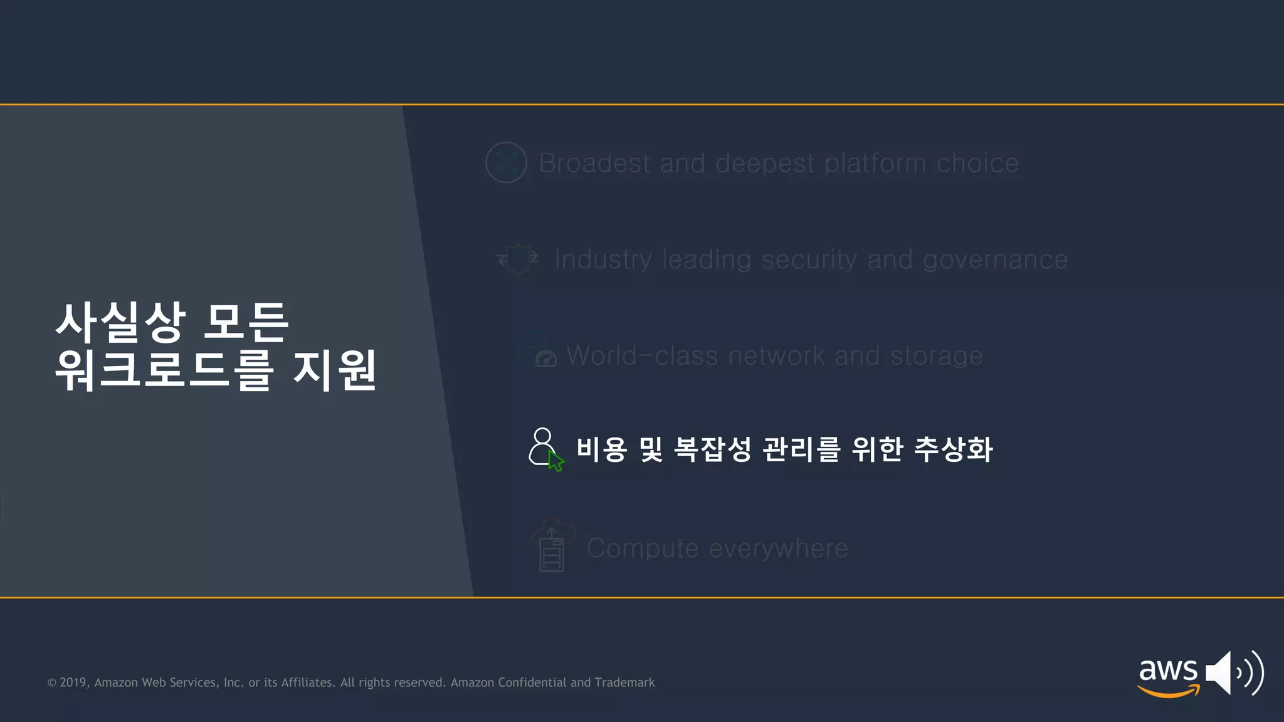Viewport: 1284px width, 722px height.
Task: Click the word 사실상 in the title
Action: (120, 322)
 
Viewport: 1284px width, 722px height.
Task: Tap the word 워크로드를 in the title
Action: (164, 370)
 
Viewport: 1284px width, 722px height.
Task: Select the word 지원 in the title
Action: (335, 370)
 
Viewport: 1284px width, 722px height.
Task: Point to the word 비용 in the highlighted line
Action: (601, 449)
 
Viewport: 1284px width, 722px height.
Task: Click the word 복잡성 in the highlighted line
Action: (712, 449)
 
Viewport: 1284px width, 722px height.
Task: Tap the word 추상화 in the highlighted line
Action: (953, 449)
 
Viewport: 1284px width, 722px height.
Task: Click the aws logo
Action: (1168, 675)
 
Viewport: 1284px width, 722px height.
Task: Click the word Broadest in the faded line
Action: (594, 164)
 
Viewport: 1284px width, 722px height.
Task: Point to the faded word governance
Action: (995, 259)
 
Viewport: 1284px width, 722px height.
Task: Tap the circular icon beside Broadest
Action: (506, 163)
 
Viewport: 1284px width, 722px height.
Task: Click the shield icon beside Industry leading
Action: (518, 259)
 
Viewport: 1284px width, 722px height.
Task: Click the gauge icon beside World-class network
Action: (545, 358)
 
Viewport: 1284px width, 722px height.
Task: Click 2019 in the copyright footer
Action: (73, 683)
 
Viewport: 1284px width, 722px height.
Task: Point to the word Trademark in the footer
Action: (624, 683)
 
